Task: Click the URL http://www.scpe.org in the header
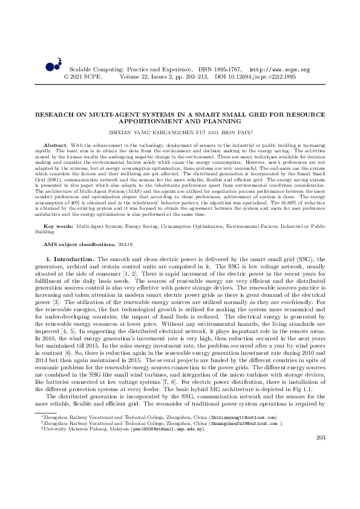tap(280, 70)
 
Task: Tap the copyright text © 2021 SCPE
tap(83, 77)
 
